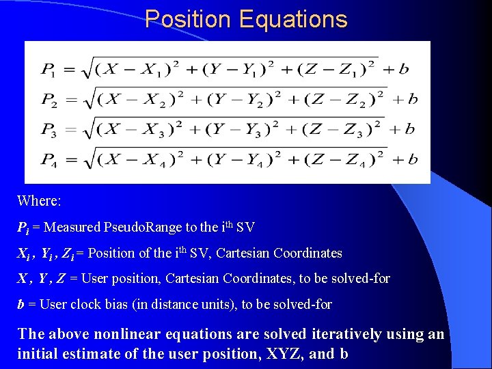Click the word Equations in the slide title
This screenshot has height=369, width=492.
click(293, 19)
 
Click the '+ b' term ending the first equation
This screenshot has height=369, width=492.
click(397, 69)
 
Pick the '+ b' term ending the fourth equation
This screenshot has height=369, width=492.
click(404, 159)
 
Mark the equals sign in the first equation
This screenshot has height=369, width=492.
click(70, 69)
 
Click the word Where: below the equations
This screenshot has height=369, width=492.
click(39, 201)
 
